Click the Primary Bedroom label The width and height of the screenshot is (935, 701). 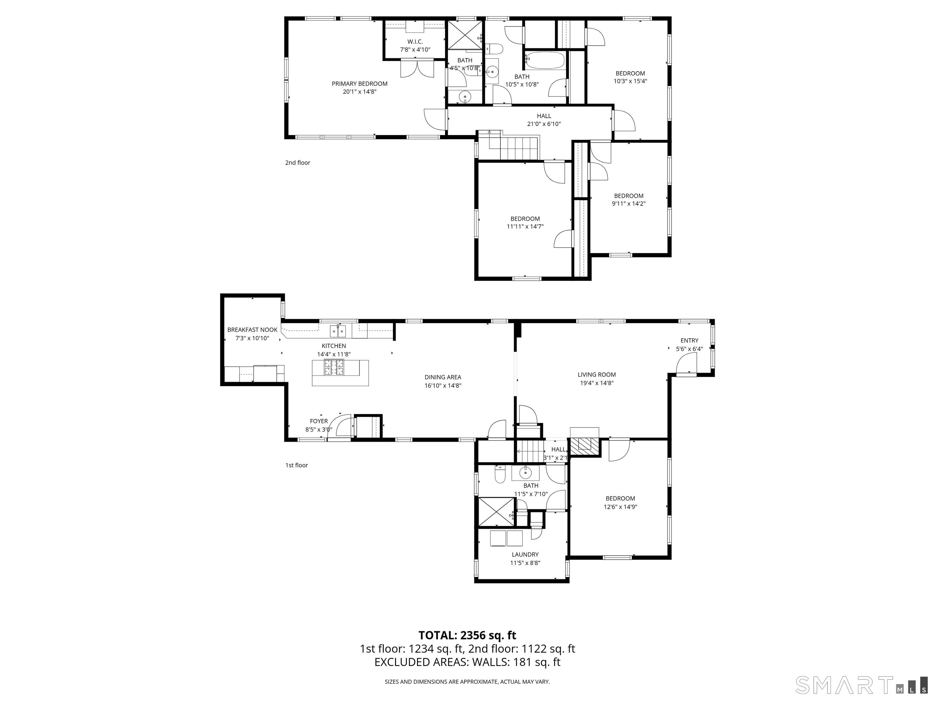point(359,84)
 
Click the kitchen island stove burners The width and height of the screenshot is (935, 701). point(334,367)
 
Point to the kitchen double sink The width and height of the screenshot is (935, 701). point(338,331)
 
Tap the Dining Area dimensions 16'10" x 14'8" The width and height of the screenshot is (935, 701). point(443,385)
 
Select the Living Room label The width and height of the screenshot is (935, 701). point(597,374)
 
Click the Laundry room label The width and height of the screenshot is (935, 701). point(525,554)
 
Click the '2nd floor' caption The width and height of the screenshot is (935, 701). point(298,163)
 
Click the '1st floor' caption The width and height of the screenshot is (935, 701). point(296,465)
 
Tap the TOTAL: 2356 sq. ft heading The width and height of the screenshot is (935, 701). point(467,635)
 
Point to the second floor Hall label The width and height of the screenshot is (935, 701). point(544,116)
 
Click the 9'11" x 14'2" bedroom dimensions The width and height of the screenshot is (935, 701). point(629,203)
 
